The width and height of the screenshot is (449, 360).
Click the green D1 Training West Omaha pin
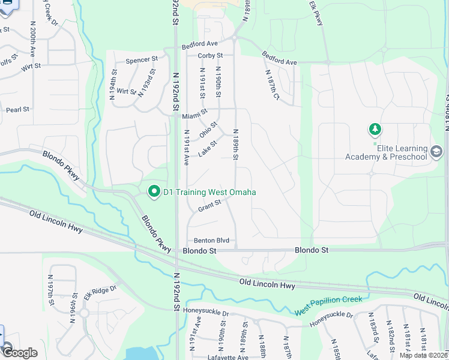pos(154,192)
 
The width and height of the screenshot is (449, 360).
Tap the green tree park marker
pos(375,129)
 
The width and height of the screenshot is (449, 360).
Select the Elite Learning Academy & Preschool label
pos(386,153)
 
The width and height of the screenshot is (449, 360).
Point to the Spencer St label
pos(141,61)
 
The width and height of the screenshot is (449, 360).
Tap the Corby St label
pos(211,56)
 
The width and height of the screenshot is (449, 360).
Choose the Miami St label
pos(195,112)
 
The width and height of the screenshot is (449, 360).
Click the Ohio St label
pos(208,129)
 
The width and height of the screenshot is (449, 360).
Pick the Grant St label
pos(209,206)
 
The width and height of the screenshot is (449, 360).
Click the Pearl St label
pos(17,110)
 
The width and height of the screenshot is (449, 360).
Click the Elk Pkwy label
pos(316,13)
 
